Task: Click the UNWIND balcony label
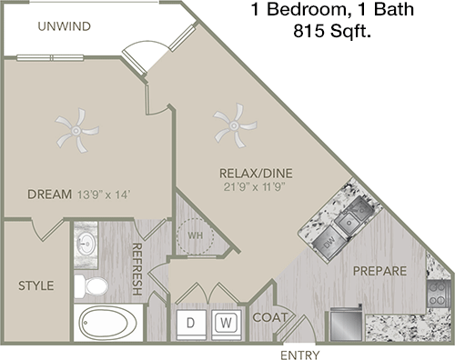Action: click(x=65, y=26)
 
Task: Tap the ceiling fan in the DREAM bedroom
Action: click(x=76, y=131)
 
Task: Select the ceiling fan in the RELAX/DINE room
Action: click(x=235, y=125)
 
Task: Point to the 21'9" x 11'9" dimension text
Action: click(x=255, y=187)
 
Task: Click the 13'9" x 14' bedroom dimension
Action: click(x=104, y=195)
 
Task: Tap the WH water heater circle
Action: click(x=196, y=235)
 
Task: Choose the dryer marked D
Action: click(x=191, y=324)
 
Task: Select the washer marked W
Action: click(x=227, y=323)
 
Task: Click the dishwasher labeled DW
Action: click(x=329, y=243)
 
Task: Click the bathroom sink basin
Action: click(x=86, y=243)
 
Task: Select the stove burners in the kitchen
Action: click(x=439, y=294)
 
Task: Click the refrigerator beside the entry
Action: click(x=346, y=323)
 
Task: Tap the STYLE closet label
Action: click(x=36, y=285)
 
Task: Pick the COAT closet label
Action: click(x=269, y=317)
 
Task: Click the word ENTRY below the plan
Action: click(x=300, y=355)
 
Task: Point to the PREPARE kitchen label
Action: click(x=379, y=271)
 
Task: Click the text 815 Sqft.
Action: click(x=332, y=31)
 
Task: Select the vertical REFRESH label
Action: click(x=137, y=269)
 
